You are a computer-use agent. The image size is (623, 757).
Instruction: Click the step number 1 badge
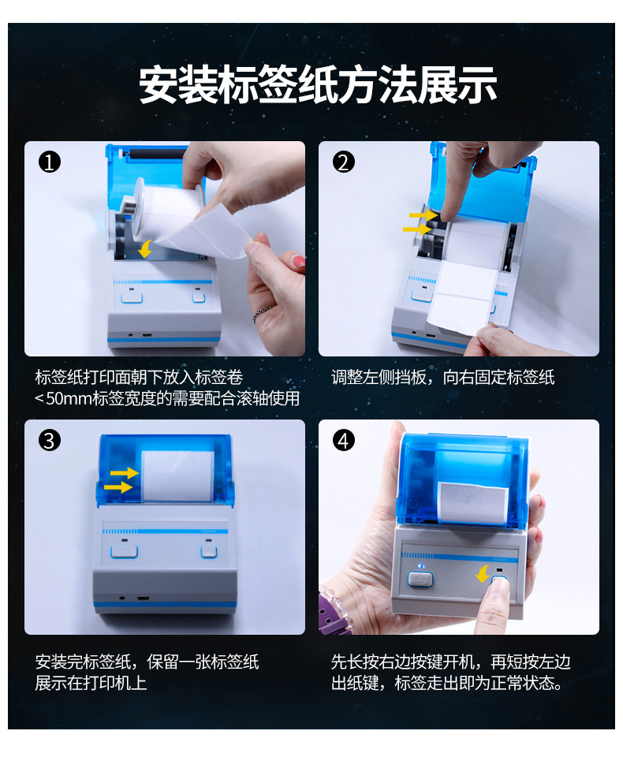49,162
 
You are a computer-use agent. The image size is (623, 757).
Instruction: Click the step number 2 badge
343,162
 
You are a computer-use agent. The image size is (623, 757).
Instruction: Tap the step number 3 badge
49,440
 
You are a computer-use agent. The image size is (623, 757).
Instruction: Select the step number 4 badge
343,440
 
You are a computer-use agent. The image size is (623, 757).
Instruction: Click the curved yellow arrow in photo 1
145,248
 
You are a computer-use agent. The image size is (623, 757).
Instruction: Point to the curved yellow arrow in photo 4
483,574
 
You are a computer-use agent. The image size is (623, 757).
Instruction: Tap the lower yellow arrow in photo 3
118,487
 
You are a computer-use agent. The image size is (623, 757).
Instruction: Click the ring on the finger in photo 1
263,313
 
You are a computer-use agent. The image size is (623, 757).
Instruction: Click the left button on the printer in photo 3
124,551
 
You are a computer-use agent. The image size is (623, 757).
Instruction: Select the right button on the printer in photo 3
209,551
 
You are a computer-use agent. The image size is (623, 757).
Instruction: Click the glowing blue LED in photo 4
420,566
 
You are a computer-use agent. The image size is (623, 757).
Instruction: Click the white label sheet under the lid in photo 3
177,476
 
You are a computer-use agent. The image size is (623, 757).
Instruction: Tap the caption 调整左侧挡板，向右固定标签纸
442,377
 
